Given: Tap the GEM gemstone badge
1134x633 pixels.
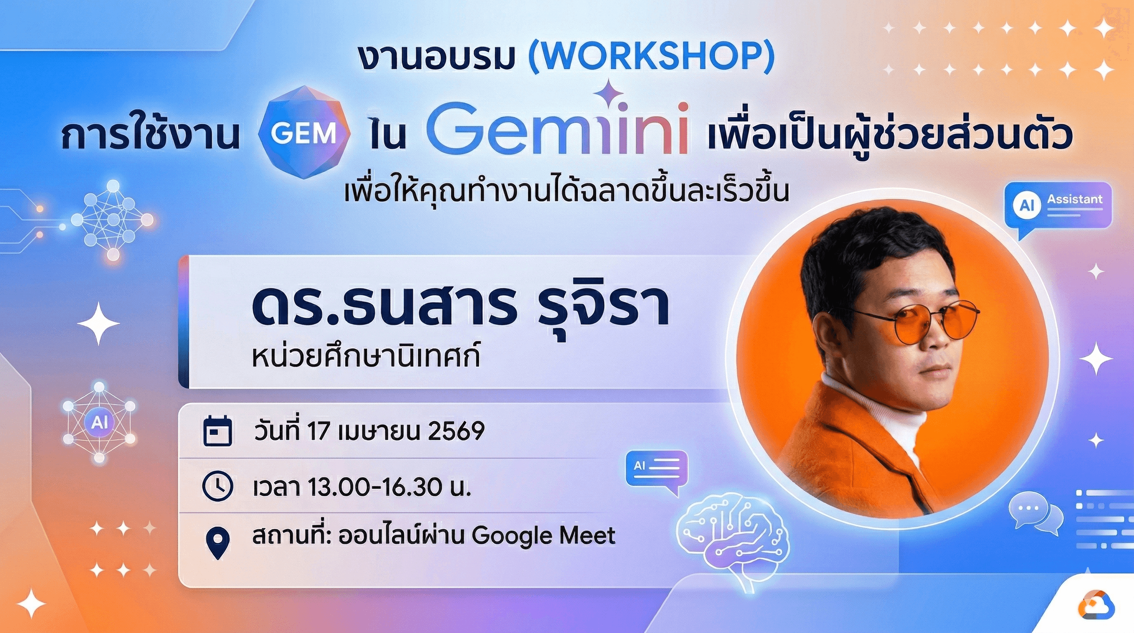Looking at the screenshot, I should [x=304, y=132].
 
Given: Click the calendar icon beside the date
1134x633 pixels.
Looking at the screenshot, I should [x=217, y=431].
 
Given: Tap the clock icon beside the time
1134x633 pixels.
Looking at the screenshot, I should [x=217, y=486].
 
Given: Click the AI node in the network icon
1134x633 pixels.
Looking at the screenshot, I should [x=99, y=422].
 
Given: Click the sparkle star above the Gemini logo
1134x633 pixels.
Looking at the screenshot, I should [x=609, y=92].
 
